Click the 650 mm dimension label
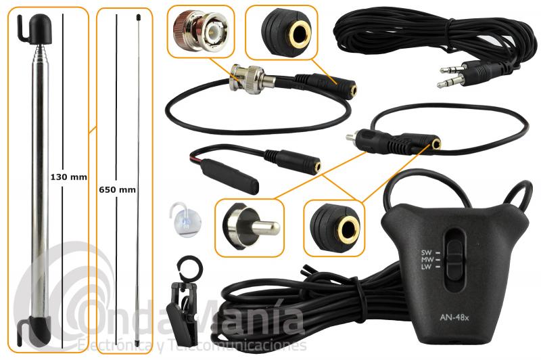click(x=117, y=189)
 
